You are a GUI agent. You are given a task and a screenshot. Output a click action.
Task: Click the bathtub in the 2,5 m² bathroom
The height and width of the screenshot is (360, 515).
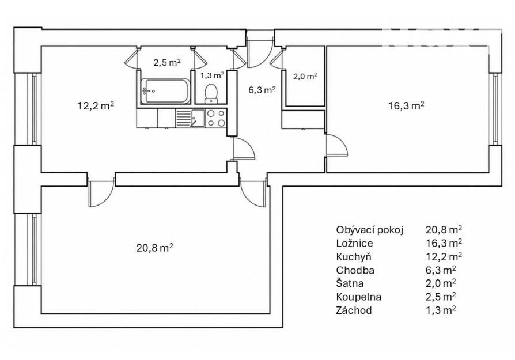point(165,91)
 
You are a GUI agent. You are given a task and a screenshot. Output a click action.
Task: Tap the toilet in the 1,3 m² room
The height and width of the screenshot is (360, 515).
point(210,93)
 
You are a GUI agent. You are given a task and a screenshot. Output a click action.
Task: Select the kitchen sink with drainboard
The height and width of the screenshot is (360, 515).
point(190,118)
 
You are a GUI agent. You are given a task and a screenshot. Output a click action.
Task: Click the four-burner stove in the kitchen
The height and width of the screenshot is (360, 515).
point(216,118)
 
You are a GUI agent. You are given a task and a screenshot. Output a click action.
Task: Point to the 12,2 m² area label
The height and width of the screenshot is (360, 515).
point(96,106)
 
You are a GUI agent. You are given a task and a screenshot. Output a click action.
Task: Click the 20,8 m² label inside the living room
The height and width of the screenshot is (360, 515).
point(155,248)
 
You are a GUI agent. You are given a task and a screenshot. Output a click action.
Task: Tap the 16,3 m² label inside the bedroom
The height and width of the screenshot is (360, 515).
point(406,106)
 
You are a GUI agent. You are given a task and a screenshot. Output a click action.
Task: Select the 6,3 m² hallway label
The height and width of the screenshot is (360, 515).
point(262,90)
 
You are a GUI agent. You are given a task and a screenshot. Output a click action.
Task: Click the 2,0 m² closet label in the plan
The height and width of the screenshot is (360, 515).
point(305,77)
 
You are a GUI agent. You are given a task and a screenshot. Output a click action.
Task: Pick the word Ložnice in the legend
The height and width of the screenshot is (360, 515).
point(354,244)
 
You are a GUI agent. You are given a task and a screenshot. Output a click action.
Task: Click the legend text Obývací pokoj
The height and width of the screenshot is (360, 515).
point(369,230)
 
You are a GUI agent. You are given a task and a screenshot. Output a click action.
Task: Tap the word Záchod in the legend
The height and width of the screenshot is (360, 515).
point(354,310)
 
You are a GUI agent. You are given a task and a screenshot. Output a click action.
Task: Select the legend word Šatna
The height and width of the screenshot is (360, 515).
point(350,283)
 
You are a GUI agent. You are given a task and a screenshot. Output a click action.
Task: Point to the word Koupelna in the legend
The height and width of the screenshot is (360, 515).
point(358,297)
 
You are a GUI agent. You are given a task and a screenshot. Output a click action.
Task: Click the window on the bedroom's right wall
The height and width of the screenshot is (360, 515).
point(495,109)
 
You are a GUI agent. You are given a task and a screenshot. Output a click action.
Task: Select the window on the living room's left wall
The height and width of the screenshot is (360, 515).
point(34,250)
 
